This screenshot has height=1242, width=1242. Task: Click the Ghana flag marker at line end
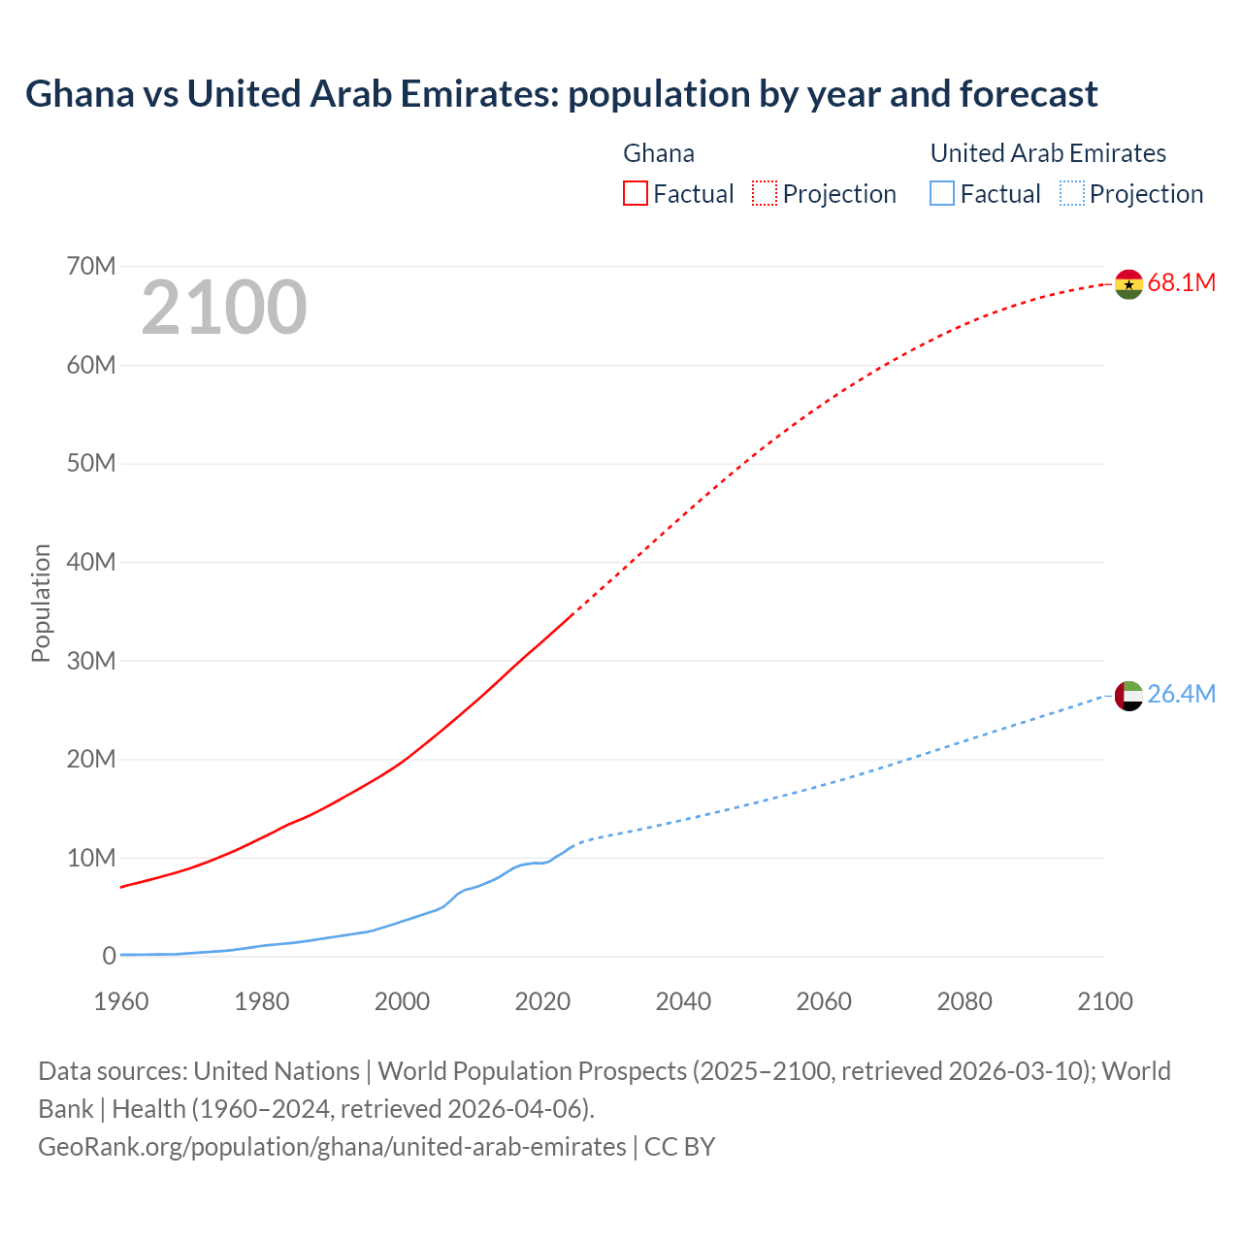[x=1128, y=284]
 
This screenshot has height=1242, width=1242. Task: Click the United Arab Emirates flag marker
[x=1128, y=696]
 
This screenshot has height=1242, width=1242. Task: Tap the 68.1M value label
[x=1181, y=283]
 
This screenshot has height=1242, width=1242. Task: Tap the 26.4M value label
[x=1181, y=695]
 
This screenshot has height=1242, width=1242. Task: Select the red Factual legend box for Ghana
[x=635, y=194]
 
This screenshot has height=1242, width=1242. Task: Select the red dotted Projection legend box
[x=765, y=194]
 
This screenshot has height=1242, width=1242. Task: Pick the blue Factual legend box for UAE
[x=942, y=194]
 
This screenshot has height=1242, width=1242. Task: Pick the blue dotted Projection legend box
[x=1072, y=194]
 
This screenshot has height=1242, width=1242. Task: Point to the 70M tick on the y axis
[x=91, y=267]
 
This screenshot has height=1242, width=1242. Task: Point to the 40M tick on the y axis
[x=91, y=563]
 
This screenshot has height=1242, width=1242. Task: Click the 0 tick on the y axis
[x=109, y=957]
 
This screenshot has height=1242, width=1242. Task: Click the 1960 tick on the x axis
[x=121, y=1001]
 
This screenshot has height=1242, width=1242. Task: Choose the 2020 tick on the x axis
[x=542, y=1001]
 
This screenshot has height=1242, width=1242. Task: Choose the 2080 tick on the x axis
[x=964, y=1001]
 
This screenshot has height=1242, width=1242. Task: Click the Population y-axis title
[x=41, y=603]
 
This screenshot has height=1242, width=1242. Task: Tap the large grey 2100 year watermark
[x=224, y=309]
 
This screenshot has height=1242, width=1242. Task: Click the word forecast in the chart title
[x=1029, y=94]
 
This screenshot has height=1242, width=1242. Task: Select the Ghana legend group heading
[x=659, y=153]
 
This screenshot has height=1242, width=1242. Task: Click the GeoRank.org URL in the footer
[x=332, y=1147]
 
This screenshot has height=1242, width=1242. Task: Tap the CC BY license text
[x=679, y=1147]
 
